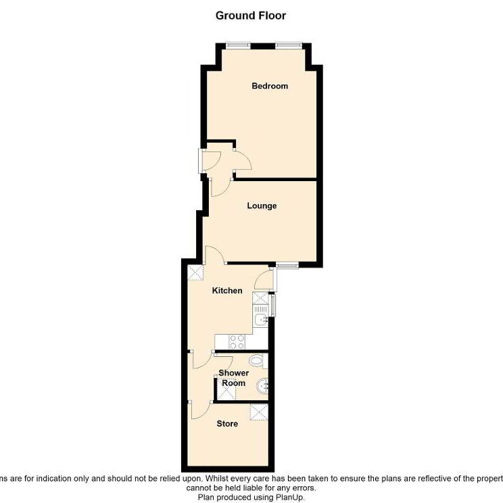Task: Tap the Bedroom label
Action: coord(270,86)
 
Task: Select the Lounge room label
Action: coord(262,206)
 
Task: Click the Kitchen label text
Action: coord(227,291)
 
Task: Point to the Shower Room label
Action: coord(233,378)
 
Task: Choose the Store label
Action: coord(227,424)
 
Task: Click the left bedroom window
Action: coord(237,45)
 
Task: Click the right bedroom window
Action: coord(289,45)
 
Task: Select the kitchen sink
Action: coord(261,317)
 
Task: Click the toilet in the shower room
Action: coord(256,360)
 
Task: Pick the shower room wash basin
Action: coord(263,387)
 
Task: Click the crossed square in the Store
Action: coord(258,412)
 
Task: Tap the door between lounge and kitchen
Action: coord(216,256)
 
